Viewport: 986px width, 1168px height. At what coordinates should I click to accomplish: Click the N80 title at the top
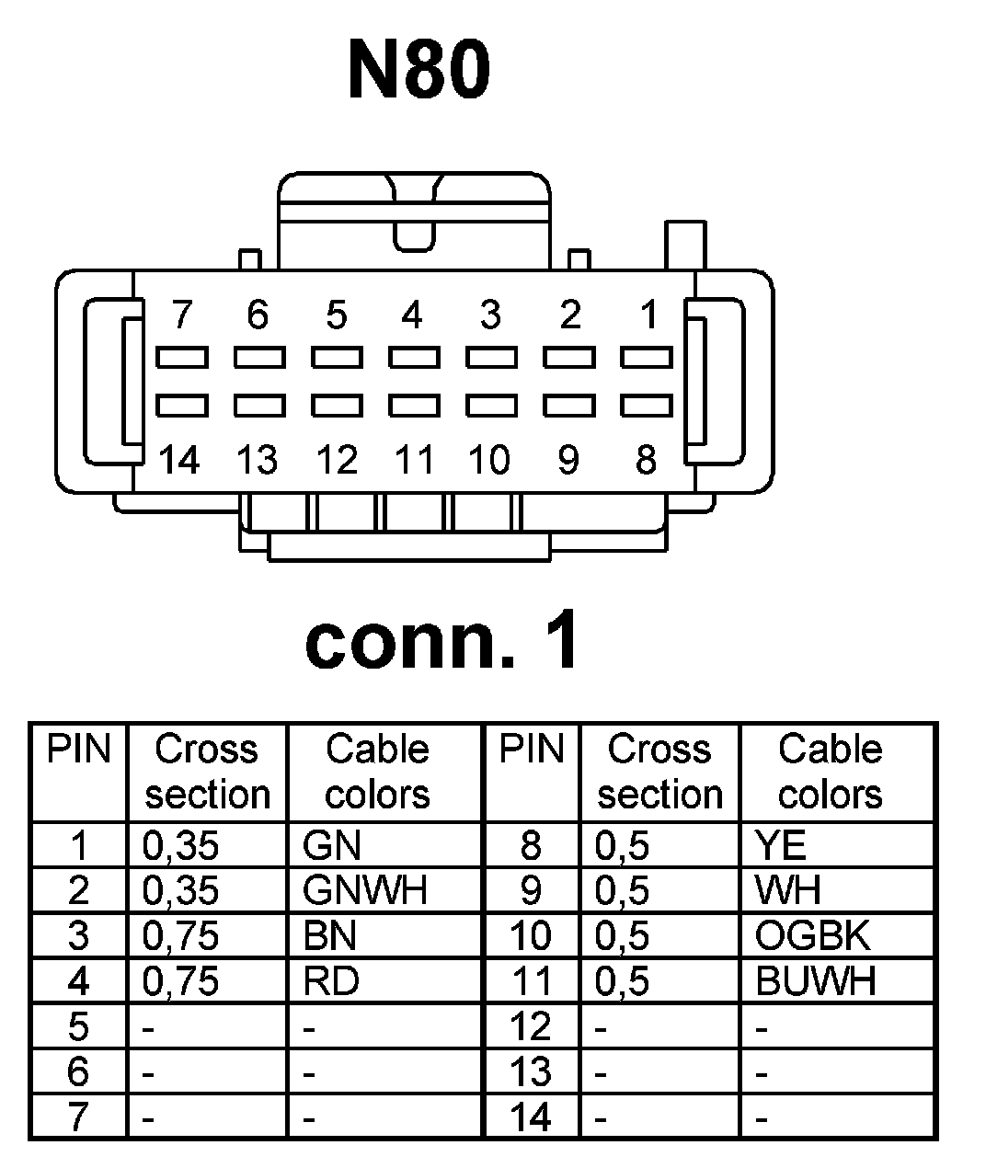point(419,70)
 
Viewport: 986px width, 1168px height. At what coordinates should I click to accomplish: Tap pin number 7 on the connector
point(182,315)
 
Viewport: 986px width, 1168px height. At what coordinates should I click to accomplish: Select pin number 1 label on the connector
point(648,315)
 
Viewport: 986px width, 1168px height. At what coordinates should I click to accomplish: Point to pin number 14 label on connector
point(179,459)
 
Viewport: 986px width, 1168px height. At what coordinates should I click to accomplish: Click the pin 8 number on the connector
point(647,459)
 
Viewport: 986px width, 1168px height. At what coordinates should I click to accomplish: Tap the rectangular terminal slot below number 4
point(413,356)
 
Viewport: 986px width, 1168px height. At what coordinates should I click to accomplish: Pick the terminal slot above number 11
point(413,405)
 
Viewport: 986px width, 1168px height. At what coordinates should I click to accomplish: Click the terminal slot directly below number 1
point(646,356)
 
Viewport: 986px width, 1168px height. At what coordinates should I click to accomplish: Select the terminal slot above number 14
point(181,405)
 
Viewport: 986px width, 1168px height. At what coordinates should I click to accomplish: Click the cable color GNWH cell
point(364,890)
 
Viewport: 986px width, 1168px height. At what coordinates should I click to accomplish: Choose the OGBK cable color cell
point(812,935)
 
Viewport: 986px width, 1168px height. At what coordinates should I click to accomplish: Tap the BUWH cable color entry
point(815,981)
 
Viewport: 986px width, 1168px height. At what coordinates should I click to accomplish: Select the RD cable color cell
point(331,981)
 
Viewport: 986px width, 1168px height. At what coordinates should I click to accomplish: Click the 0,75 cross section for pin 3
point(181,935)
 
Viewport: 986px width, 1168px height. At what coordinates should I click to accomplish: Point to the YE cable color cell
point(780,845)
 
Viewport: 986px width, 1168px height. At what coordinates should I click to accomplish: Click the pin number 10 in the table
point(530,935)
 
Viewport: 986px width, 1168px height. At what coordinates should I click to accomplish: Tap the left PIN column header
point(78,750)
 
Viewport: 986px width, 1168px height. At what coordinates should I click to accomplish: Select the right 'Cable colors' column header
point(830,772)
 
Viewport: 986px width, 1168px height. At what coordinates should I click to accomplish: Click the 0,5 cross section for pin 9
point(623,890)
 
